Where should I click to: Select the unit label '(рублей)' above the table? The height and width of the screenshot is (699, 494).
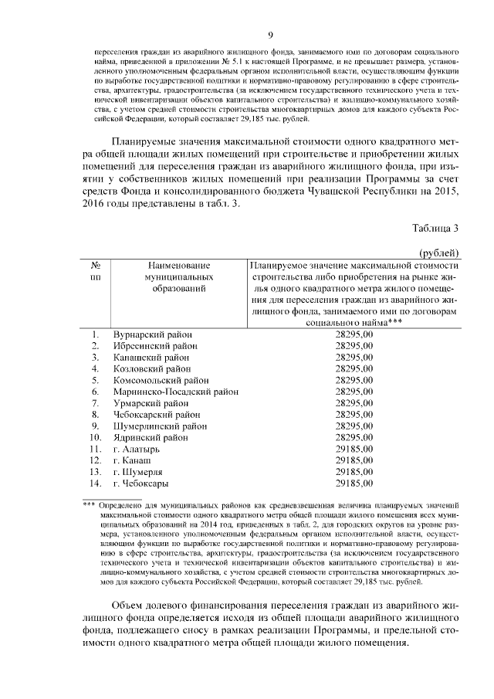tap(440, 252)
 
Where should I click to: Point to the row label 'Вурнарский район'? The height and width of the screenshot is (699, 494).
tap(152, 334)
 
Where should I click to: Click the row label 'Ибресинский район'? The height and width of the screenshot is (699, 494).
tap(155, 346)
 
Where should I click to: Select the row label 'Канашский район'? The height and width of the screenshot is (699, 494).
tap(151, 358)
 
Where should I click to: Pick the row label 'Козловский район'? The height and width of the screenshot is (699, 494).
tap(151, 369)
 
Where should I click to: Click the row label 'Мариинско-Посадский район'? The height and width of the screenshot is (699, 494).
tap(175, 392)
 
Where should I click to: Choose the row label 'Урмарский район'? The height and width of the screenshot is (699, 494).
tap(151, 403)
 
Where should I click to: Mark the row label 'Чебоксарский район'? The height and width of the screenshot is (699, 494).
tap(157, 415)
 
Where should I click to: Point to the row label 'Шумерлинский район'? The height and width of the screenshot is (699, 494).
tap(159, 426)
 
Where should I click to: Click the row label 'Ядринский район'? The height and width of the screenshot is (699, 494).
tap(151, 437)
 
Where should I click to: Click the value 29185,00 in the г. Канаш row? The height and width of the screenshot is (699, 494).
tap(355, 460)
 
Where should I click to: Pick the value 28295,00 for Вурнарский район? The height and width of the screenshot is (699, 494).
tap(355, 334)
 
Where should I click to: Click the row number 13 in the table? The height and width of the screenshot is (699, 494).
tap(96, 471)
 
